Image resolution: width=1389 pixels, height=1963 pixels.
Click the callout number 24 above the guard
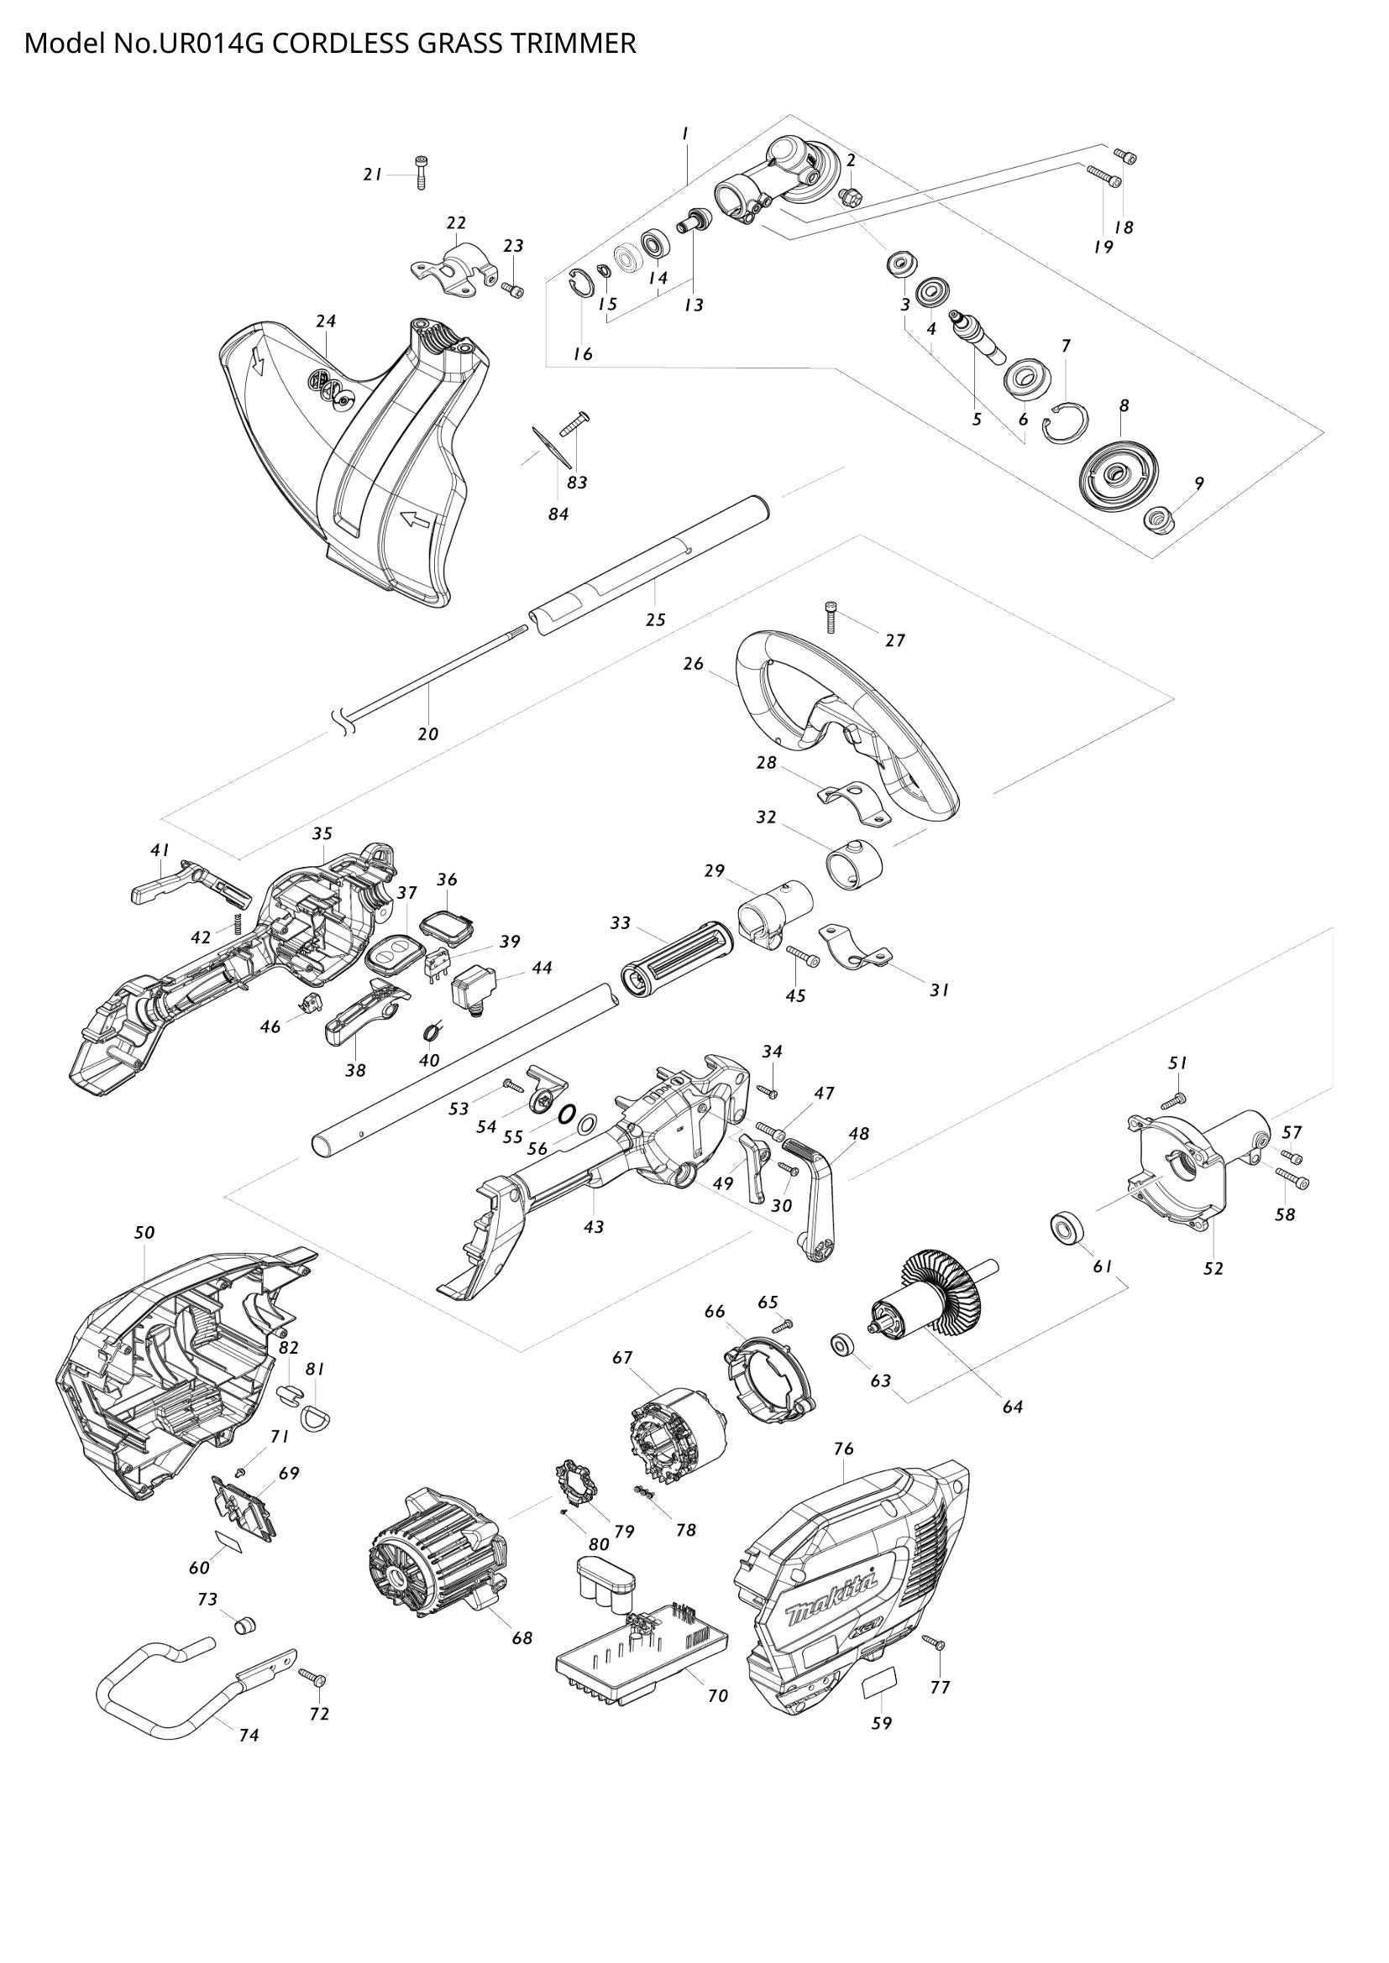pyautogui.click(x=325, y=321)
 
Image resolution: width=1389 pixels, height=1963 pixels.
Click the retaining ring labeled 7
pyautogui.click(x=1067, y=422)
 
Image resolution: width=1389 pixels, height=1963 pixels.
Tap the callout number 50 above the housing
pyautogui.click(x=144, y=1232)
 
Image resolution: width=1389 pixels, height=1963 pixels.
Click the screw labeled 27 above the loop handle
pyautogui.click(x=832, y=617)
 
